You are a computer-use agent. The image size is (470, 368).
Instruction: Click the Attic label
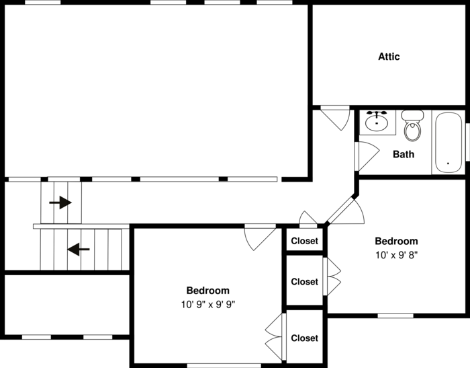389,57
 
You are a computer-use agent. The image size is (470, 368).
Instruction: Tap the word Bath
403,154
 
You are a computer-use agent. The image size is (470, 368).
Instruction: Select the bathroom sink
377,121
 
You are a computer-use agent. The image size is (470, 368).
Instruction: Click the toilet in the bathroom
412,126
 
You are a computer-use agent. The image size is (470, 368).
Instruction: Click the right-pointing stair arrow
61,202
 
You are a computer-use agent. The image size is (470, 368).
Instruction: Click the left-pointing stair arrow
79,250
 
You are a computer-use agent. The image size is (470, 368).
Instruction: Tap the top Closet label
304,241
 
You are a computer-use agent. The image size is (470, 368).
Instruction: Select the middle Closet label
304,282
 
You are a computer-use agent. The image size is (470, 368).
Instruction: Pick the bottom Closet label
304,338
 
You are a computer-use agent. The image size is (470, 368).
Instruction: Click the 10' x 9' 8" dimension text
396,255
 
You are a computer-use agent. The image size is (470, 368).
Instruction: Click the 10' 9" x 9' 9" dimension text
207,304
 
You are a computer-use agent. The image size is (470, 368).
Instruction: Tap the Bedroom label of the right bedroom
396,242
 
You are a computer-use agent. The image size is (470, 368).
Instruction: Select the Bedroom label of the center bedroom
207,291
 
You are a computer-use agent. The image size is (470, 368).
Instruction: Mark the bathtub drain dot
448,163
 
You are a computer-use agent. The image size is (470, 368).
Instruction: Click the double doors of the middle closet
332,276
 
